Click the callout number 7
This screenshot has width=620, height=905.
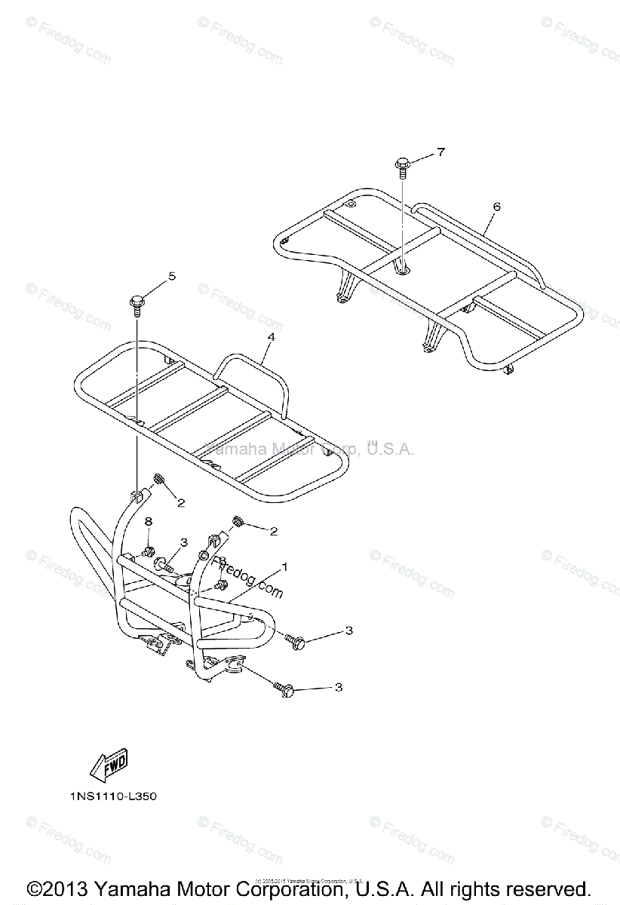pyautogui.click(x=440, y=152)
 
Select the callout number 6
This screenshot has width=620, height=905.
pyautogui.click(x=496, y=206)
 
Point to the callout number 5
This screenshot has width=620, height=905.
pyautogui.click(x=171, y=276)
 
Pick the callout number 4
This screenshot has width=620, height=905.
pyautogui.click(x=269, y=341)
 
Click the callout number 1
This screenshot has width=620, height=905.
pyautogui.click(x=284, y=565)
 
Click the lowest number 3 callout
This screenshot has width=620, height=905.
pyautogui.click(x=339, y=687)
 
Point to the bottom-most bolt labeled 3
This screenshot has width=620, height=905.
pyautogui.click(x=283, y=688)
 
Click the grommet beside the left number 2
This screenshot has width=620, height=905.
pyautogui.click(x=158, y=479)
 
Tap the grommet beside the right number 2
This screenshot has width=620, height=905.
pyautogui.click(x=236, y=520)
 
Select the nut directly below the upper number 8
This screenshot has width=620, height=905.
pyautogui.click(x=149, y=549)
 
